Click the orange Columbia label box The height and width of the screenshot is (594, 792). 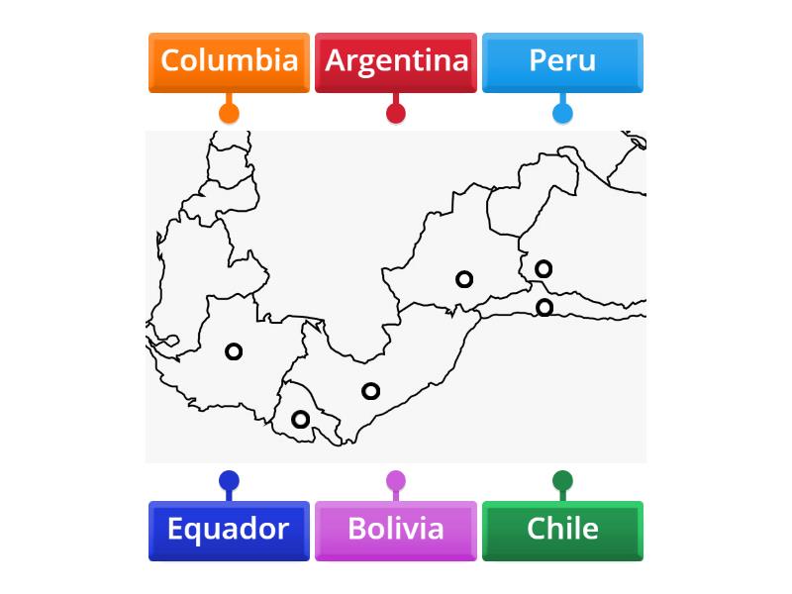coord(229,62)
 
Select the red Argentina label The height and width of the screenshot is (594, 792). coord(396,62)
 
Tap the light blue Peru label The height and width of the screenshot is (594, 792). coord(562,62)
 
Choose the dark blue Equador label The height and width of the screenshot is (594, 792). coord(229,531)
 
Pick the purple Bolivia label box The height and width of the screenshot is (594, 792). coord(396,531)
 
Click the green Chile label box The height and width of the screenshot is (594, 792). coord(562,531)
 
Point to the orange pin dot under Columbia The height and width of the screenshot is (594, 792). coord(229,112)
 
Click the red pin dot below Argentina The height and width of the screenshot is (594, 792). coord(396,112)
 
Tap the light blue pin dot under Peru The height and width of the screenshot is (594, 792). coord(562,112)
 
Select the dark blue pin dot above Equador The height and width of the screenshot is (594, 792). coord(229,482)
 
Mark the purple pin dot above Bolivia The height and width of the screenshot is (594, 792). coord(396,482)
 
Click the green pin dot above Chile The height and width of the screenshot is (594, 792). coord(562,482)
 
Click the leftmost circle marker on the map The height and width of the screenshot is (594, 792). coord(234,351)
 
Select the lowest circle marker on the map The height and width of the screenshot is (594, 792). coord(300,420)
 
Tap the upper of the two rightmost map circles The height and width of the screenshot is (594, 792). coord(544,268)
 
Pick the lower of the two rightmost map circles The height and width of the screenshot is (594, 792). coord(544,307)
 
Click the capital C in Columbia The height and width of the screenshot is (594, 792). coord(170,60)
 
